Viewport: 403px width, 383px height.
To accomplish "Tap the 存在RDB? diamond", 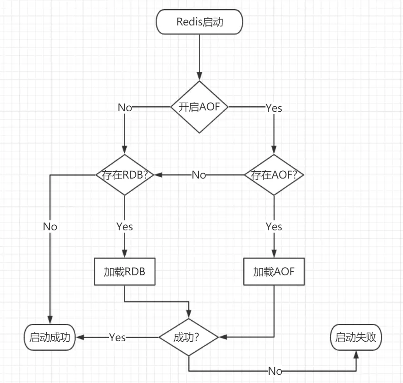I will (124, 175).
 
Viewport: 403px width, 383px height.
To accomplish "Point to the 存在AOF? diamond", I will (274, 175).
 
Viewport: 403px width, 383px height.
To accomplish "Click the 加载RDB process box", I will (124, 272).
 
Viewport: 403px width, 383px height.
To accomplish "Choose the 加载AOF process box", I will (274, 272).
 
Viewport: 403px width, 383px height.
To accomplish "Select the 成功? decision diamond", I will (188, 337).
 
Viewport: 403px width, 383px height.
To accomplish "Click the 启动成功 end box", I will (49, 337).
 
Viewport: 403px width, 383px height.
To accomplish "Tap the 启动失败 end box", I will (356, 337).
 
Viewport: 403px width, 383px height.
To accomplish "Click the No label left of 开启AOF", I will (125, 108).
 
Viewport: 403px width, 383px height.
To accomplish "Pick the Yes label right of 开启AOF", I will (274, 108).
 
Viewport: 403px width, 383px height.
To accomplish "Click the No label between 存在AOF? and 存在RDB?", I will (199, 175).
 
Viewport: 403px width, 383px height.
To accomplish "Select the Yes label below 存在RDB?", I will (124, 226).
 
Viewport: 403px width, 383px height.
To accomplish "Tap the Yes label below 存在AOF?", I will (274, 226).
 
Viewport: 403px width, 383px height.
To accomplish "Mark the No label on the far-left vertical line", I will (50, 226).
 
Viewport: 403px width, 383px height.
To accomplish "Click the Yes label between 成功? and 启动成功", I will (117, 337).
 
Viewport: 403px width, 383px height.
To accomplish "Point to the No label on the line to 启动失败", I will (275, 371).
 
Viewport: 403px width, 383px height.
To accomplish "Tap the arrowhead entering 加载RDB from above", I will (124, 254).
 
